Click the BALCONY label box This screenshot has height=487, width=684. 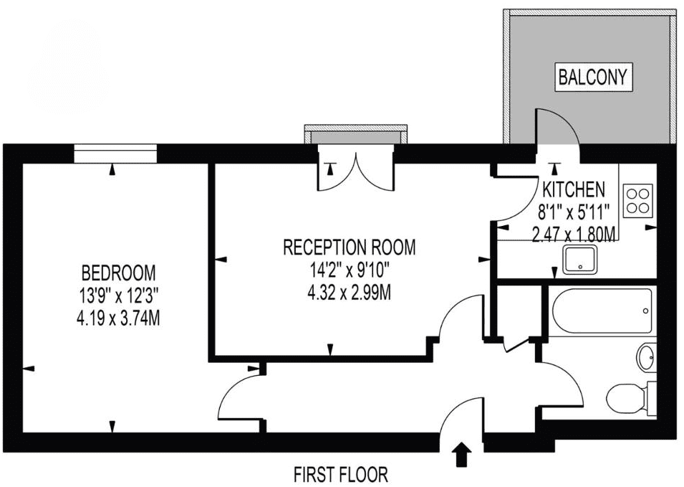click(x=592, y=77)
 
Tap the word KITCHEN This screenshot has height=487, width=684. click(x=574, y=189)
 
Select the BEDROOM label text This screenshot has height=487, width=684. click(x=118, y=273)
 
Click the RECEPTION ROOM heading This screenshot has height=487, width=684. click(x=350, y=247)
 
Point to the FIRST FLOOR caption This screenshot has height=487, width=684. click(x=341, y=474)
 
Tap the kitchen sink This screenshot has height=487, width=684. click(x=580, y=260)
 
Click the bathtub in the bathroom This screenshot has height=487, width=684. click(x=602, y=311)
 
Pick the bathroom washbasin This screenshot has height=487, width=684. click(x=647, y=358)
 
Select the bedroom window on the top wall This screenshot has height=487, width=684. click(x=115, y=153)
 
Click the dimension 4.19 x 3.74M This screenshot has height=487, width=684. click(x=118, y=319)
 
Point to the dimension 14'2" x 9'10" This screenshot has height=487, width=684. click(x=350, y=271)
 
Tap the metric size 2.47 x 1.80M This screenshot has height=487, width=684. click(x=574, y=236)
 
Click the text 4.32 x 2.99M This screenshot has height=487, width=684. click(x=350, y=293)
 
